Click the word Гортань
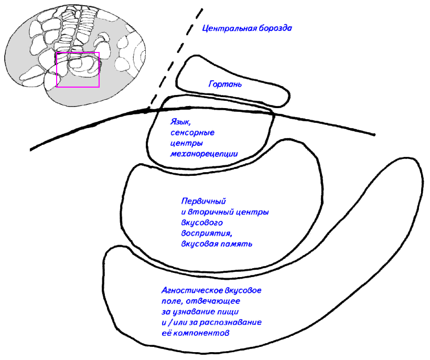coord(225,84)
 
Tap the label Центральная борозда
coord(246,28)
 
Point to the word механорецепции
coord(204,154)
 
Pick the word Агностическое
coord(185,290)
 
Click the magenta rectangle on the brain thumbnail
coord(78,70)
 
